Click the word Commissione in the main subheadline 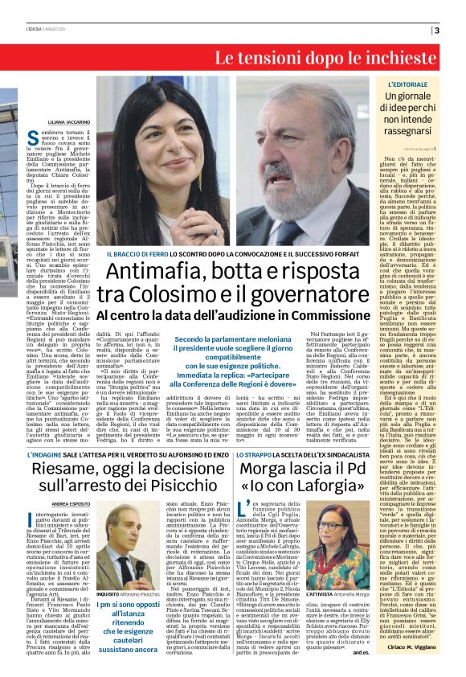(x=330, y=316)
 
